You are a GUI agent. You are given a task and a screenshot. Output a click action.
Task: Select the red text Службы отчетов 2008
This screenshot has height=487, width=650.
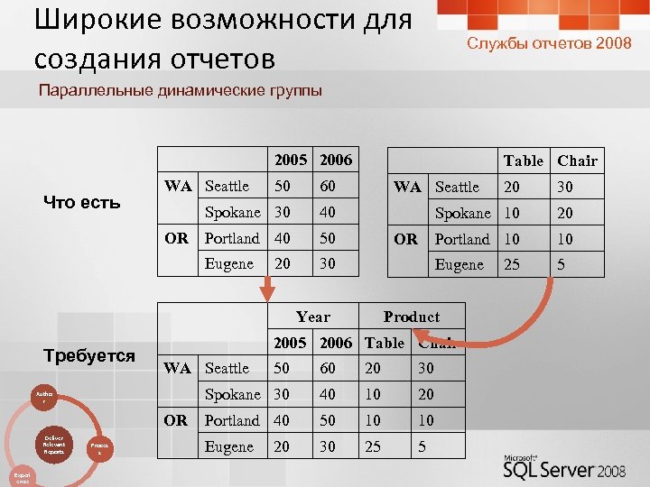tap(549, 43)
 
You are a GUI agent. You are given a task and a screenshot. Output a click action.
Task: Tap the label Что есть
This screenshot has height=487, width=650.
tap(82, 202)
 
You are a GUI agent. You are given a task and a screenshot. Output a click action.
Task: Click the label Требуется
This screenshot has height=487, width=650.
tap(89, 355)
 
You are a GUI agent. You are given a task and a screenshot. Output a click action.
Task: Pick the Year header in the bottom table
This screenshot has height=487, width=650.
tap(313, 317)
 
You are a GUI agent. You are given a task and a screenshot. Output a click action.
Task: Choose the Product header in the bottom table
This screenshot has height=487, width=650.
tap(411, 317)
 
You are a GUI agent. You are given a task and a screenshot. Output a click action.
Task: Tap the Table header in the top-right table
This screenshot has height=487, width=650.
tap(524, 161)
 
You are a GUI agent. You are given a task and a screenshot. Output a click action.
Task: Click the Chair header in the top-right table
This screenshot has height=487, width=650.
tap(577, 161)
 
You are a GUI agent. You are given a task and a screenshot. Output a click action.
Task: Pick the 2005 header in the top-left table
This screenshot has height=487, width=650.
tap(292, 160)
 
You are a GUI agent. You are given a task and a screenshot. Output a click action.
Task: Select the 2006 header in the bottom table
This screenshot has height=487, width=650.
tap(336, 343)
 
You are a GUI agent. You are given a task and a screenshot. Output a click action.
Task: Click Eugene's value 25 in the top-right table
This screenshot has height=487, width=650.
tap(513, 265)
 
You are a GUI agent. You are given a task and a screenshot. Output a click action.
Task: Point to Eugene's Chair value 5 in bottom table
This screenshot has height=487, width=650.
tap(422, 446)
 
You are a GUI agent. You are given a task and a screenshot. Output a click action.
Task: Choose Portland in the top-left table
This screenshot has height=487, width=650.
tap(232, 238)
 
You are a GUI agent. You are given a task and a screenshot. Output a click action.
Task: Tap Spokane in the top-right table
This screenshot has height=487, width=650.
tap(462, 213)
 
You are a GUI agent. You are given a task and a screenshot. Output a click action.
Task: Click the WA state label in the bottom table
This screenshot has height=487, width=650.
tap(178, 368)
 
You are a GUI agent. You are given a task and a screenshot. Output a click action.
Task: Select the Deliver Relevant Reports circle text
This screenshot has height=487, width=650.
tap(53, 444)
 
